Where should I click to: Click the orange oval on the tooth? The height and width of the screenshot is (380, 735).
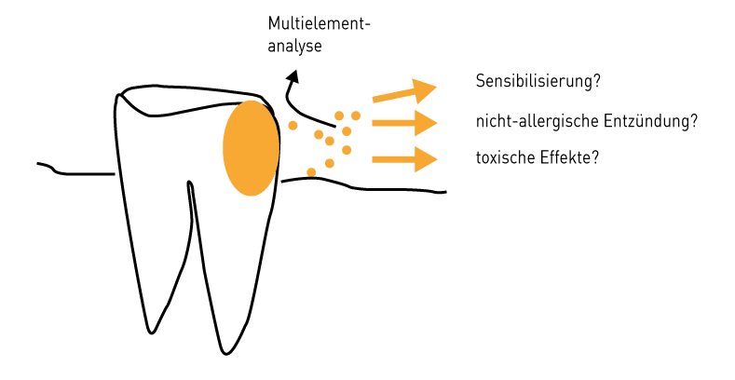(251, 148)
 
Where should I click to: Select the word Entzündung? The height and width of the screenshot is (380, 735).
(656, 121)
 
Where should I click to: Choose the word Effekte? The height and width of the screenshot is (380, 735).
(567, 158)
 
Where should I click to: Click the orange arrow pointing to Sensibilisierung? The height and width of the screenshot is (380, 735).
(404, 92)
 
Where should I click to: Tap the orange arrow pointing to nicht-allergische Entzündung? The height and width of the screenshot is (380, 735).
(404, 122)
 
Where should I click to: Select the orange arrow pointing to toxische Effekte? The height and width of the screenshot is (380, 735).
(404, 158)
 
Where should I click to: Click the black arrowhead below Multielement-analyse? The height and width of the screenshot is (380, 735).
(293, 78)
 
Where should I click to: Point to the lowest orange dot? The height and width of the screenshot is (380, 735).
(311, 172)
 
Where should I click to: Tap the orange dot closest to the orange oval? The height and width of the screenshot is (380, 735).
(293, 124)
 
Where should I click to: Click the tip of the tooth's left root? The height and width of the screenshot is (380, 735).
(150, 331)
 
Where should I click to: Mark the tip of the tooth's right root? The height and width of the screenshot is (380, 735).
(225, 353)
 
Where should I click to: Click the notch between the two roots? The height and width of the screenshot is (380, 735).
(189, 183)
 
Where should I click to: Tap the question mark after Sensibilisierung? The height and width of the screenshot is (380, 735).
(596, 81)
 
